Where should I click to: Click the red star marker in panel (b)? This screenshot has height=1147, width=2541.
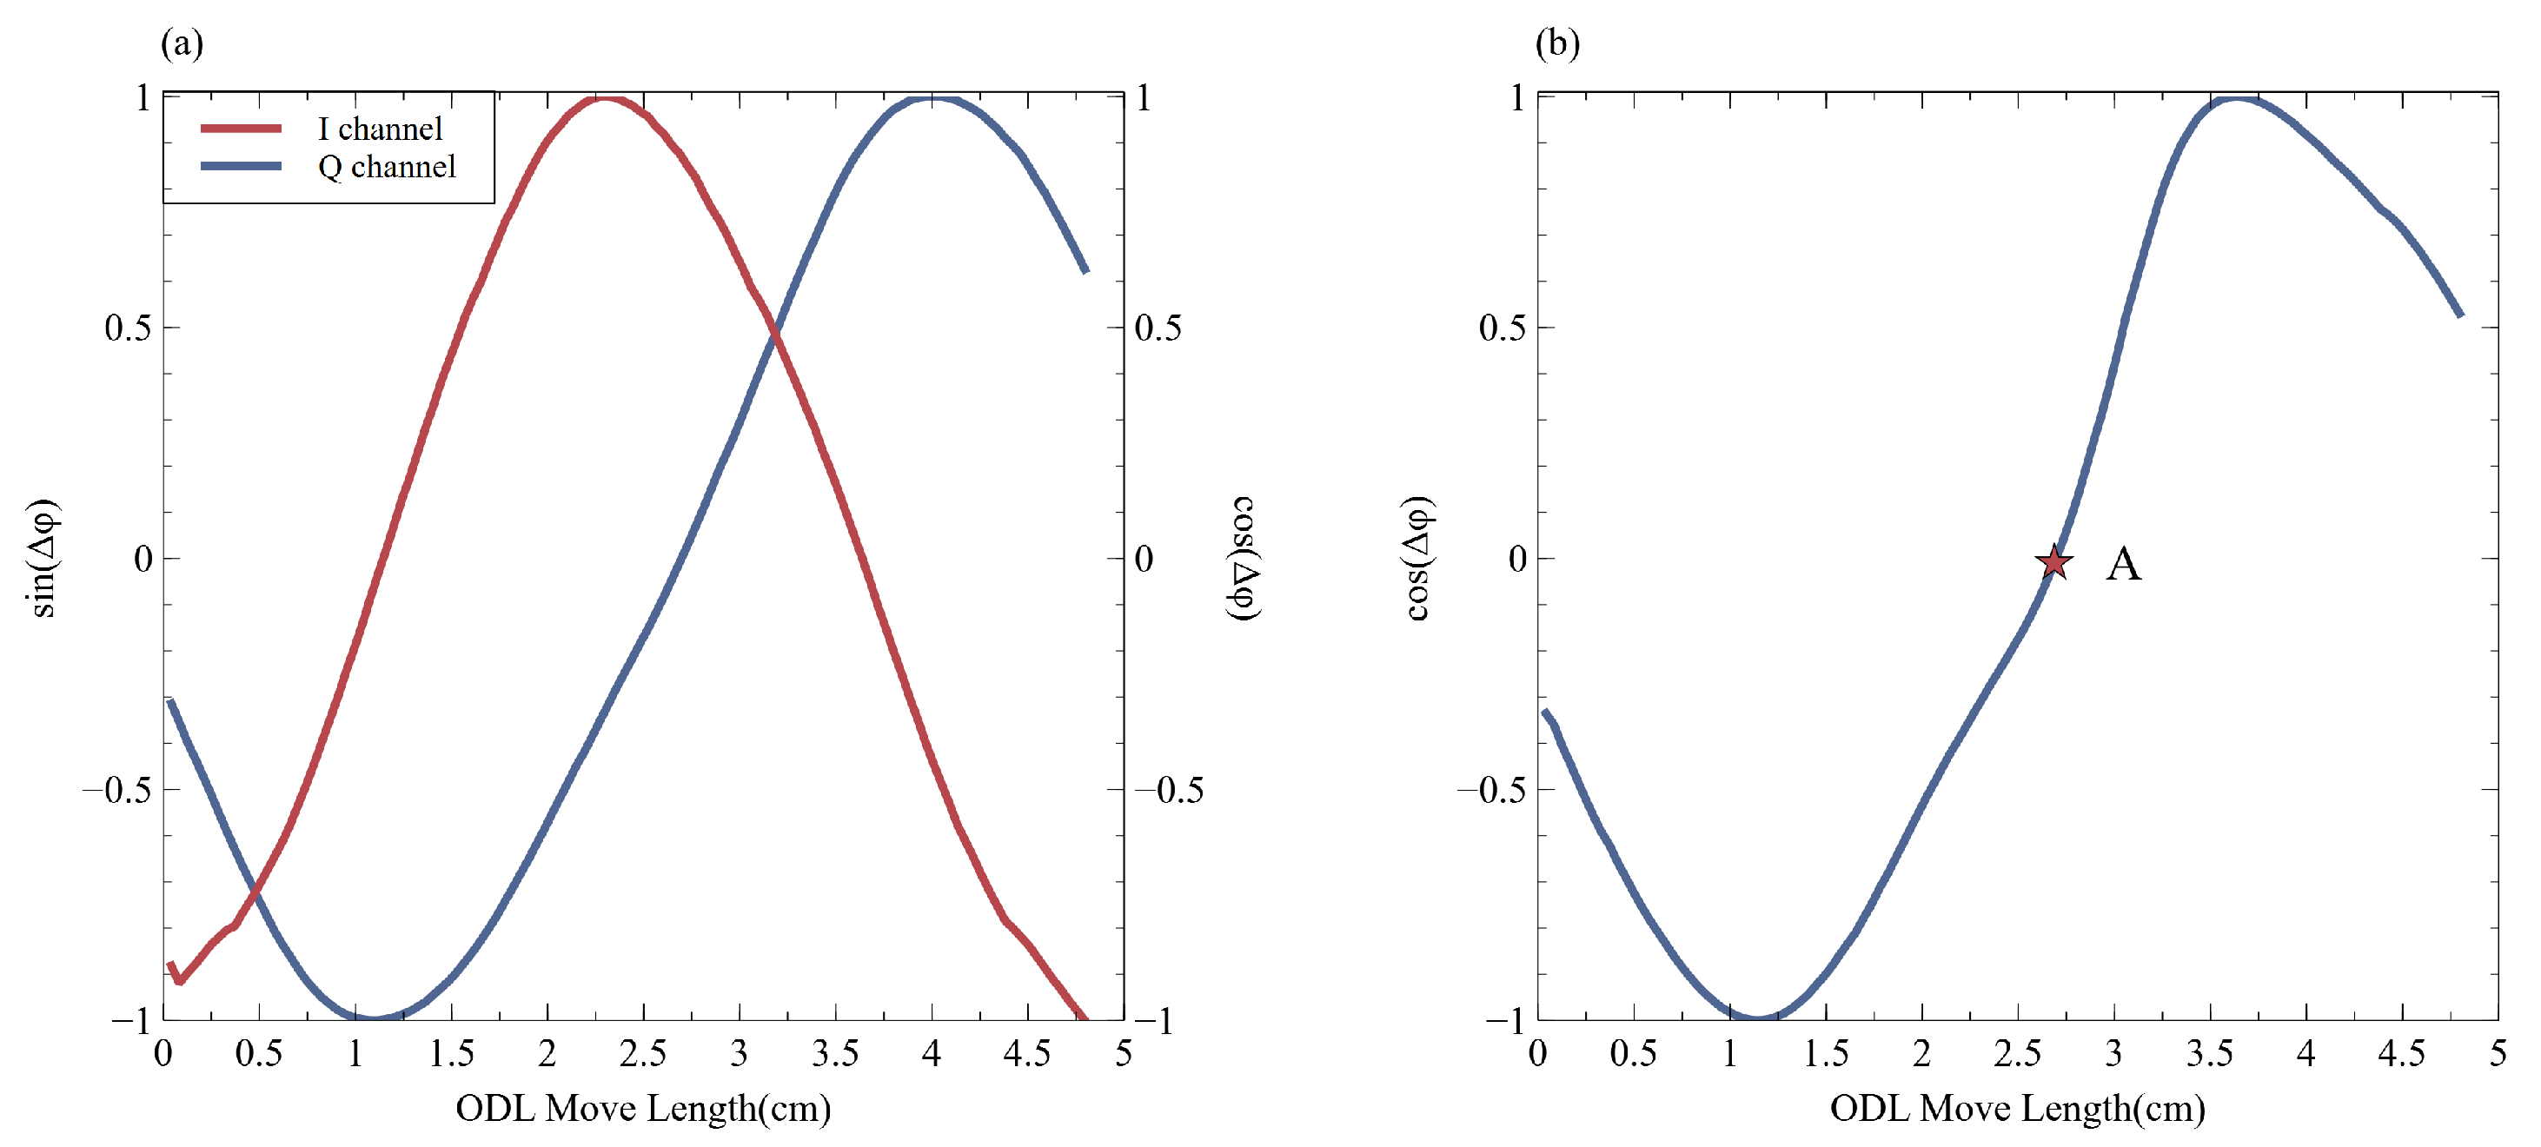click(x=2053, y=562)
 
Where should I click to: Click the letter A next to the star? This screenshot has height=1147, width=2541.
click(x=2123, y=564)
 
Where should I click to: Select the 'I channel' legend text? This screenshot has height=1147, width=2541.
click(x=380, y=129)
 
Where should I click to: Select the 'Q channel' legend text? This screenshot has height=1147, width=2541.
click(x=387, y=167)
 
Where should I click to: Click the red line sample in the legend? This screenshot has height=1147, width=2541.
click(x=241, y=129)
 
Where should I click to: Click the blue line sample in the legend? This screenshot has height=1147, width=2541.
click(x=241, y=167)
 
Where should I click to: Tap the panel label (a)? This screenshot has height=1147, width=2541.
click(x=182, y=43)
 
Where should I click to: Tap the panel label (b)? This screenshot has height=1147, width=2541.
click(x=1557, y=43)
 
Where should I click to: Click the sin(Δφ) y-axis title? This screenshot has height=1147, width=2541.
click(x=44, y=558)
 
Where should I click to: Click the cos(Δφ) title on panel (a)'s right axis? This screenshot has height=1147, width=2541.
click(x=1244, y=558)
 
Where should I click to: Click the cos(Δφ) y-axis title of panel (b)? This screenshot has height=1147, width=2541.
click(x=1418, y=558)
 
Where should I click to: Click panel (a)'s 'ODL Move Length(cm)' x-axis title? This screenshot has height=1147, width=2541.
click(x=643, y=1108)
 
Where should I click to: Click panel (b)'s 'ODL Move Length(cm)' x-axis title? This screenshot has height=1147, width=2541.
click(x=2017, y=1108)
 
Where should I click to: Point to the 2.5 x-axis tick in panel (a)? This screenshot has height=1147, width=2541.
click(x=642, y=1053)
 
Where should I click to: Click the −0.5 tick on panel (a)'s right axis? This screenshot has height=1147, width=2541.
click(x=1169, y=790)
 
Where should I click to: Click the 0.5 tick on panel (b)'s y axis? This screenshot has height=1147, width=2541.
click(x=1502, y=328)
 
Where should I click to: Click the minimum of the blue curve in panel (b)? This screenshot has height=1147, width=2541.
click(x=1758, y=1016)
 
